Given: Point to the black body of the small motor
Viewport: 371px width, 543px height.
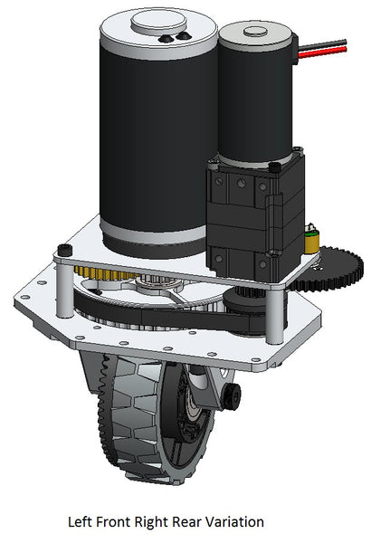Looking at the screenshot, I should [254, 109].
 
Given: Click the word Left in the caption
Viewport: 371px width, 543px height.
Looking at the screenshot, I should [81, 522].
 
